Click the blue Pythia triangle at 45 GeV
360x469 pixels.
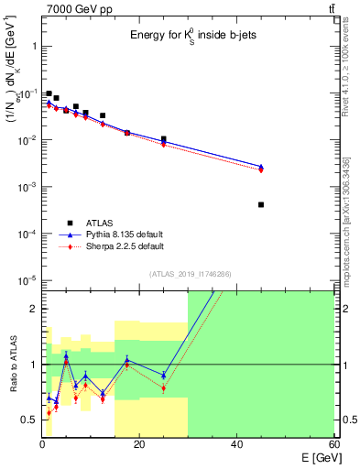pos(261,167)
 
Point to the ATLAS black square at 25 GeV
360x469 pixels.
pos(163,139)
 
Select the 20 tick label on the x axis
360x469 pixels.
pos(139,444)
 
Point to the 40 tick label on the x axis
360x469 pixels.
pos(236,444)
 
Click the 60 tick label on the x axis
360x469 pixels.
pos(333,444)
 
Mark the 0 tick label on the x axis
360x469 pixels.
pos(42,444)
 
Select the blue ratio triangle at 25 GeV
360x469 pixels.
pos(163,376)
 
